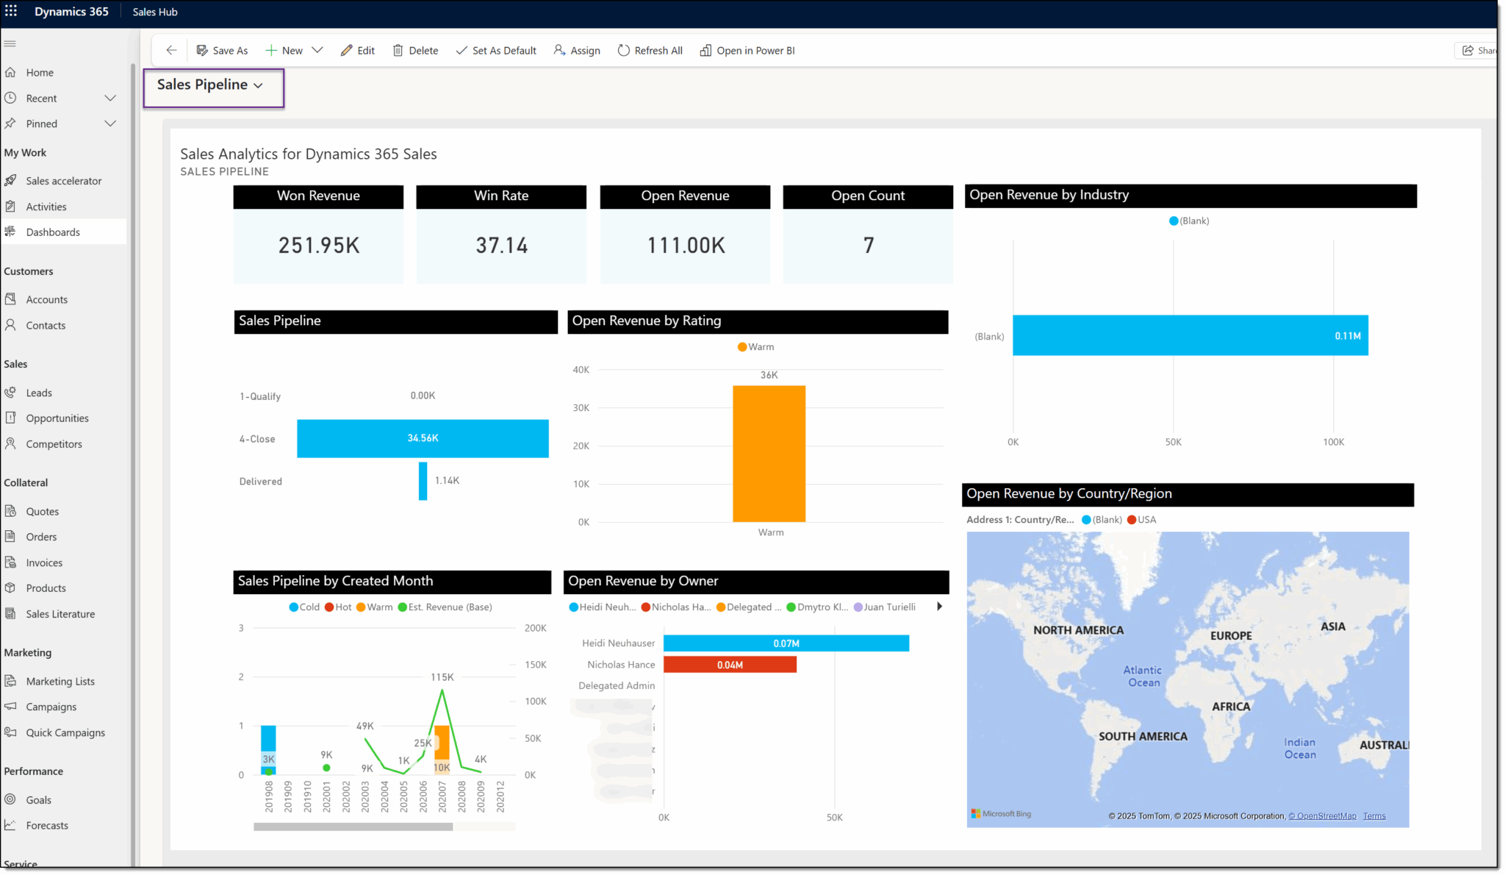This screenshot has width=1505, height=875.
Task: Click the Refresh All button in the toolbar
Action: point(650,51)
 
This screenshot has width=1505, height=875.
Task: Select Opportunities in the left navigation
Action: point(57,418)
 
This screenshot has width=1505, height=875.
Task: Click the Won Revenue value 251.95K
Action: point(319,246)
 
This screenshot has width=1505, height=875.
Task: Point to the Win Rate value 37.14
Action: point(501,246)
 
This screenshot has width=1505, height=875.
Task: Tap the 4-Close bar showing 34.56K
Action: point(423,438)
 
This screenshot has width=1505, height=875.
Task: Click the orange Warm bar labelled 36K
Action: point(769,454)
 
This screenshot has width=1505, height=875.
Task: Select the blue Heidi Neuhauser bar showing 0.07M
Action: point(786,643)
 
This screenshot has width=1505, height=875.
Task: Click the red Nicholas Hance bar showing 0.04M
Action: point(730,665)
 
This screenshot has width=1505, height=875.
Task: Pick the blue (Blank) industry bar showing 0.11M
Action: point(1190,336)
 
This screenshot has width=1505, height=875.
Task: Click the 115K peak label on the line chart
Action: point(442,677)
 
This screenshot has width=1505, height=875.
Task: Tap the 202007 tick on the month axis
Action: point(442,796)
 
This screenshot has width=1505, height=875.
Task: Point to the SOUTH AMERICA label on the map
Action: point(1143,737)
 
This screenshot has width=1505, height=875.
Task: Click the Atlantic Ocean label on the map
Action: point(1143,676)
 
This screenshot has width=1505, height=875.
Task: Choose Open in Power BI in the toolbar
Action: point(747,51)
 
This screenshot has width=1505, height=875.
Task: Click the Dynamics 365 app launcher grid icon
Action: point(11,11)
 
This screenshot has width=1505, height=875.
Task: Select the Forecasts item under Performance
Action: point(47,826)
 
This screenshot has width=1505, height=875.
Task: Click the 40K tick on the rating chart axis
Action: point(581,370)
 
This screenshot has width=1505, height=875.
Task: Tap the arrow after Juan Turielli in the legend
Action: point(939,607)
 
